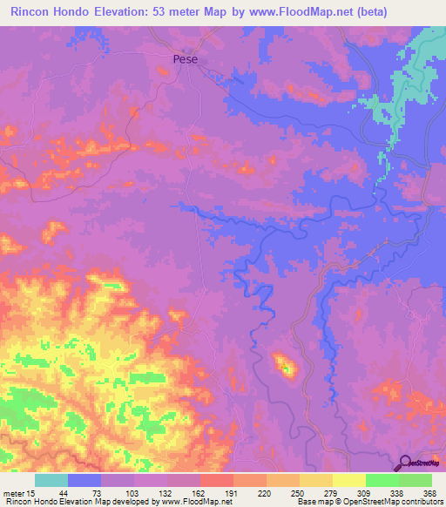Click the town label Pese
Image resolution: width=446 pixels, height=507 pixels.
[184, 59]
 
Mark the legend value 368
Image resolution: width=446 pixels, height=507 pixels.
[429, 493]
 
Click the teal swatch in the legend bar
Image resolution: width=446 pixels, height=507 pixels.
[51, 480]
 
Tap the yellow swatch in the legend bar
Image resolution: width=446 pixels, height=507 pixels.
[348, 480]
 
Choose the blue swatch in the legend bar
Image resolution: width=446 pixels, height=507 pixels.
[84, 480]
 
